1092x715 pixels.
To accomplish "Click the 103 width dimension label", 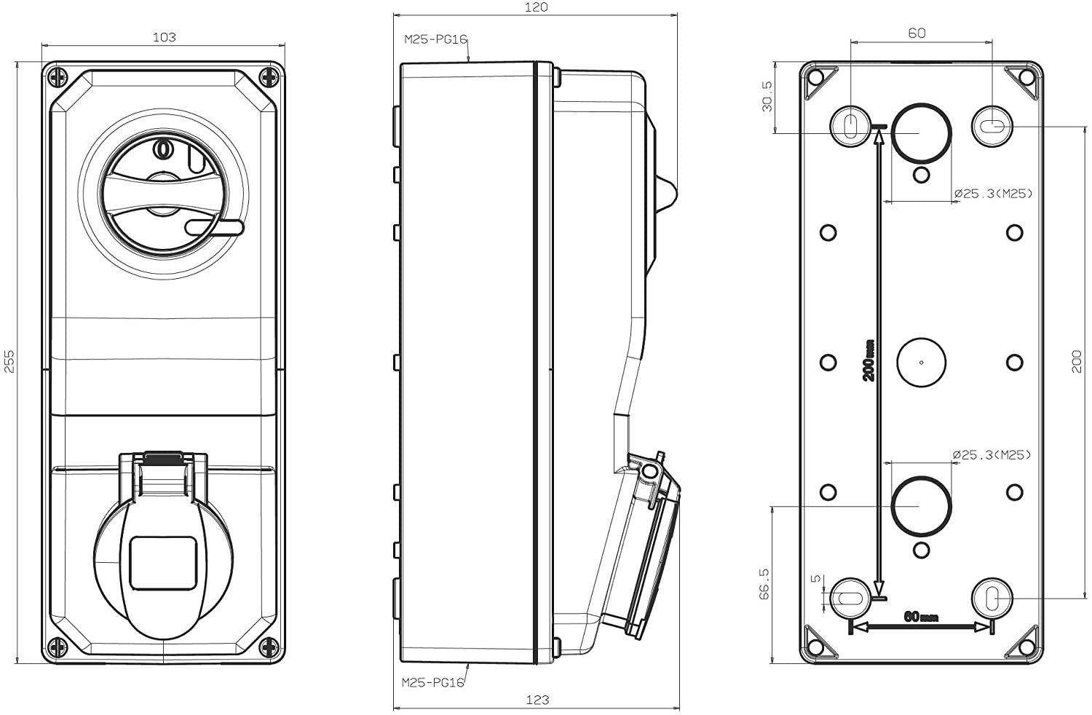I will [x=164, y=37].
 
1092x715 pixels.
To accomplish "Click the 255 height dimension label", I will [x=9, y=361].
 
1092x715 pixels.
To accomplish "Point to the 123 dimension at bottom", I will [x=537, y=700].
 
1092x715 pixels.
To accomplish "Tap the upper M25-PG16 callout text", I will [x=435, y=39].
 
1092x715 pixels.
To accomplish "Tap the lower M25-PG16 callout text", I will [x=433, y=682].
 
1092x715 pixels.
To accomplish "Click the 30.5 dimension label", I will [x=767, y=96].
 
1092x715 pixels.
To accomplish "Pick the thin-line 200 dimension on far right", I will [x=1077, y=361].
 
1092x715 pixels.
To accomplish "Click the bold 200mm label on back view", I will [x=868, y=361].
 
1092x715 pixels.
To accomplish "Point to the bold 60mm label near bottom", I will [x=921, y=617].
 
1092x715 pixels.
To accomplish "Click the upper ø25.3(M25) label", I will [x=993, y=193].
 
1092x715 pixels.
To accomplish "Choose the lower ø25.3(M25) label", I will [x=992, y=455].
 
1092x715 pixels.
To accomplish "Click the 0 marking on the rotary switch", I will [x=162, y=149].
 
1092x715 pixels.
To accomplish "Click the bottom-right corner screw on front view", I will [x=269, y=646].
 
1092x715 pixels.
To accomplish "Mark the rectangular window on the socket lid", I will [x=163, y=563].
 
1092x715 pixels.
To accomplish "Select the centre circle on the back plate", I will [x=921, y=362].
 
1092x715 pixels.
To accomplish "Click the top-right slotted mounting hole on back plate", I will [x=992, y=127].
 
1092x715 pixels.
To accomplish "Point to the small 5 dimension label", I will [x=817, y=579].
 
